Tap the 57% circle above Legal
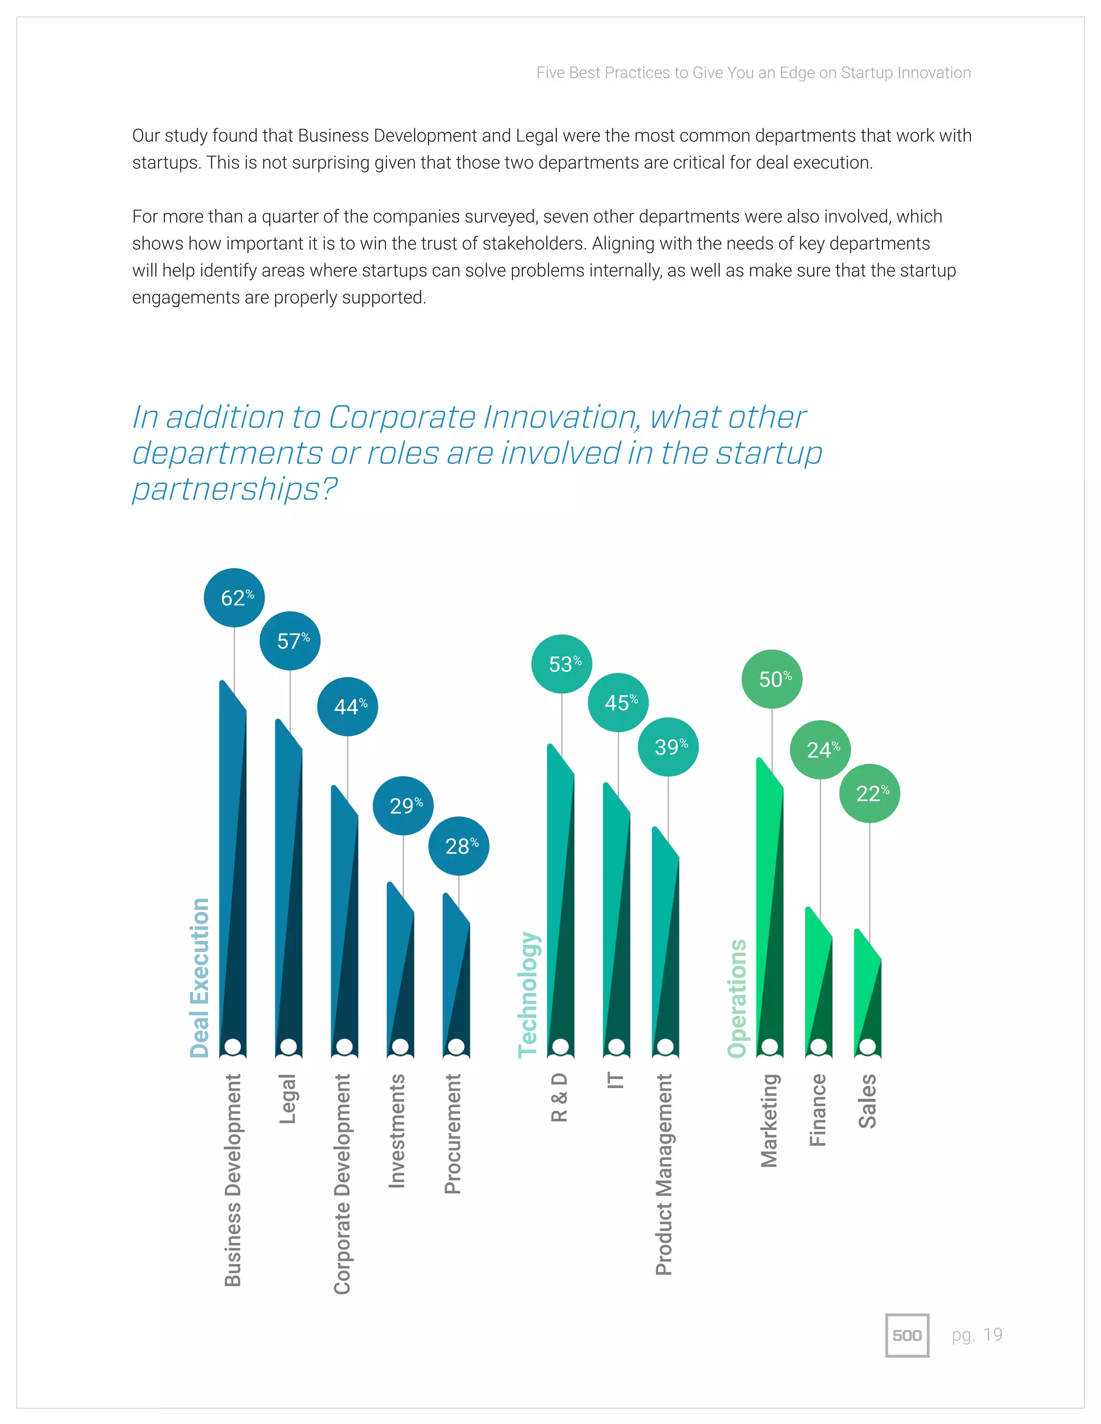290,641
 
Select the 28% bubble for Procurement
459,846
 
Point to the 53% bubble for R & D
562,664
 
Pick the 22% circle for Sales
869,794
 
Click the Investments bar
400,972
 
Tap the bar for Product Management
666,945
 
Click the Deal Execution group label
199,978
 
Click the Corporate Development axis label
342,1183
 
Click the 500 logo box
906,1335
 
